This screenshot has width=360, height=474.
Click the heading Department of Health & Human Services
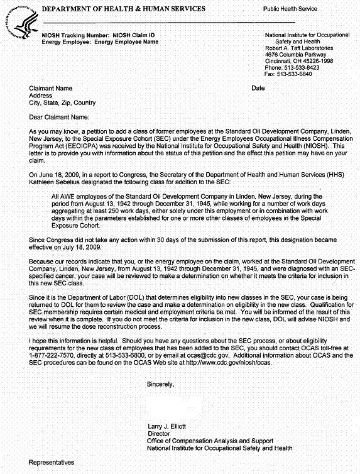point(123,9)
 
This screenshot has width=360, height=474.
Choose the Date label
point(258,88)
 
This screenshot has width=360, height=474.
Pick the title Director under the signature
point(159,433)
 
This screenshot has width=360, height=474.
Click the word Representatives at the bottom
point(52,462)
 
